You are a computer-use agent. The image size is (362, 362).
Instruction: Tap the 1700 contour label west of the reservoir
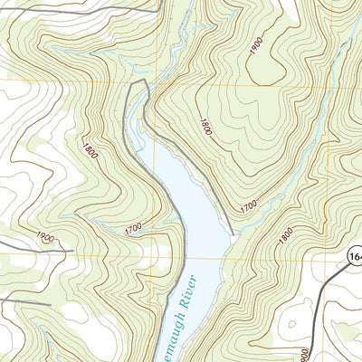click(x=134, y=233)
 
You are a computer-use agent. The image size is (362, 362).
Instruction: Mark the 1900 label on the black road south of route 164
click(x=304, y=353)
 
